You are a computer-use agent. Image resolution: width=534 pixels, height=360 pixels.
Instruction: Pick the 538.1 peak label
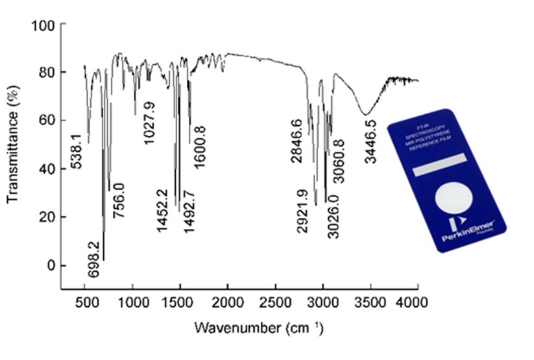(77, 150)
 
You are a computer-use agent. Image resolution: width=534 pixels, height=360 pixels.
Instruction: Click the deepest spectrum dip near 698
(103, 259)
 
